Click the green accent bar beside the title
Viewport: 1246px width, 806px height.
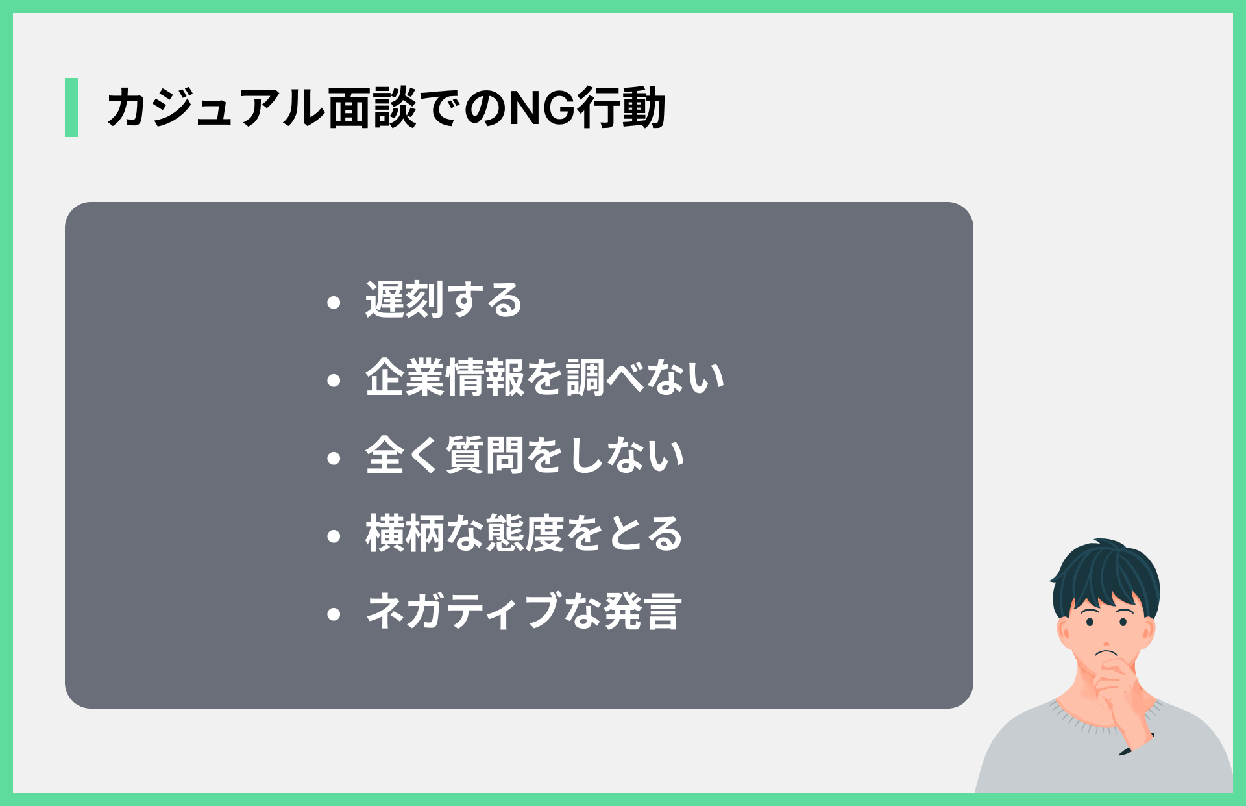click(x=71, y=107)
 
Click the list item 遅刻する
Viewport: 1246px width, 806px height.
click(x=443, y=300)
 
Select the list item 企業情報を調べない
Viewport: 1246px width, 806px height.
click(x=544, y=378)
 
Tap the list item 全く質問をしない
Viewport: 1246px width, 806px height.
click(x=524, y=456)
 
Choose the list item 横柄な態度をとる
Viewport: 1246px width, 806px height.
click(x=524, y=534)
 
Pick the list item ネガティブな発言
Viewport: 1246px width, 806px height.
click(x=524, y=612)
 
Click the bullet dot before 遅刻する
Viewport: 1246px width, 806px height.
click(x=334, y=302)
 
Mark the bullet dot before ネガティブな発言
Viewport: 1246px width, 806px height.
click(x=334, y=614)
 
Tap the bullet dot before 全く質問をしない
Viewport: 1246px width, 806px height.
click(x=334, y=458)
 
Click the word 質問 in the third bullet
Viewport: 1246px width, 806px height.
click(x=485, y=456)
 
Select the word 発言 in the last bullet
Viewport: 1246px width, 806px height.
click(x=642, y=612)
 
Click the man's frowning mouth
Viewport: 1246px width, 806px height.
click(x=1106, y=653)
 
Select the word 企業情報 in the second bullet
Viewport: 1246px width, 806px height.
click(x=445, y=378)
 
